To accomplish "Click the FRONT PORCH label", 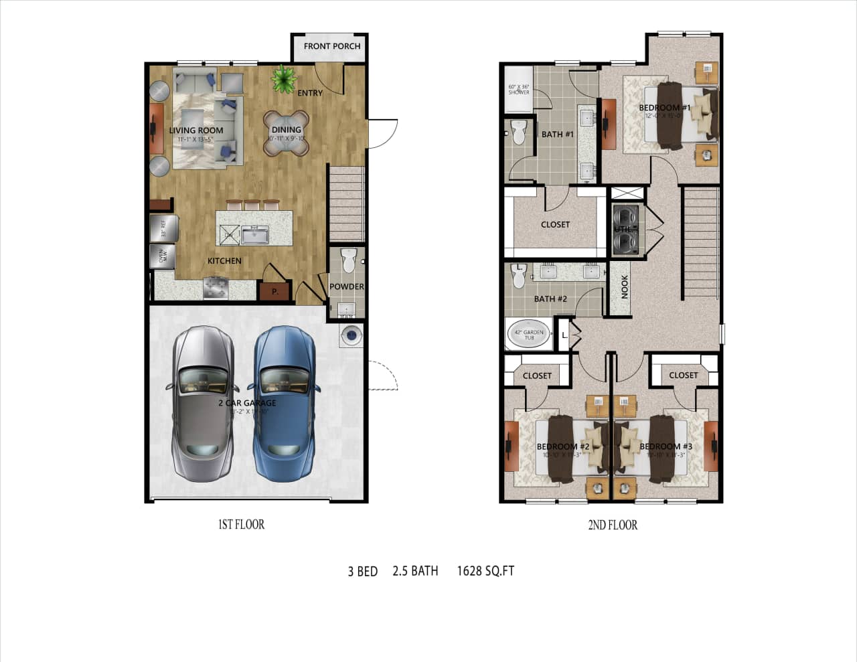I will (331, 46).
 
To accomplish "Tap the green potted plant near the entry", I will (284, 79).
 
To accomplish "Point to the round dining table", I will (286, 133).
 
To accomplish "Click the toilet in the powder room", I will (347, 260).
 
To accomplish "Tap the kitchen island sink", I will (254, 235).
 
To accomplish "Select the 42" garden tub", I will (528, 335).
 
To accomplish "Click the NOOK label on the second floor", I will (625, 287).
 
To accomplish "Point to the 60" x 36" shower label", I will (518, 89).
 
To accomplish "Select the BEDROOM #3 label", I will (666, 446).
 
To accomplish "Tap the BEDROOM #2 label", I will (562, 446).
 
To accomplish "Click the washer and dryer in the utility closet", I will (627, 230).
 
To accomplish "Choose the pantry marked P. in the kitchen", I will (275, 291).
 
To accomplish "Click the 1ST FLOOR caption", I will (241, 525).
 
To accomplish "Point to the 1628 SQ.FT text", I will (485, 571).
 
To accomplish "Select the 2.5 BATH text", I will (415, 571).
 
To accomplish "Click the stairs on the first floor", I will (346, 203).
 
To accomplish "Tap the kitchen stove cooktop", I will (216, 289).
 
